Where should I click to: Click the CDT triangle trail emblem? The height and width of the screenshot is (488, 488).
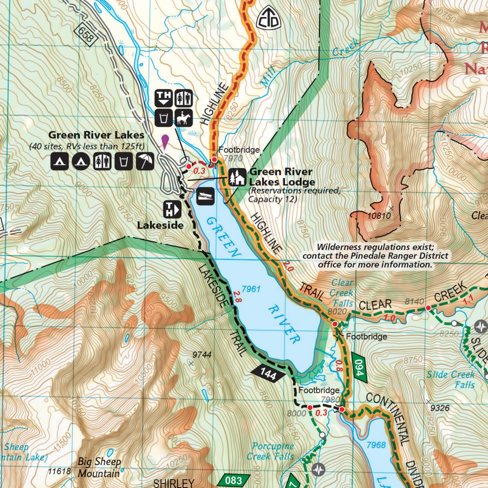coord(268,18)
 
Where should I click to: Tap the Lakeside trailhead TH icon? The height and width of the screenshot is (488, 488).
coord(172,209)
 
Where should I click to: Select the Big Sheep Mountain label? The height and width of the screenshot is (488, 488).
coord(99,467)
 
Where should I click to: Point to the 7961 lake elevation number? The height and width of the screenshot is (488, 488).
coord(251,289)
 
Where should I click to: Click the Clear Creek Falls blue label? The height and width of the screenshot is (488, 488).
coord(342,293)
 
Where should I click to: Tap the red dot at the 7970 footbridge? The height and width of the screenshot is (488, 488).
coord(214,160)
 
